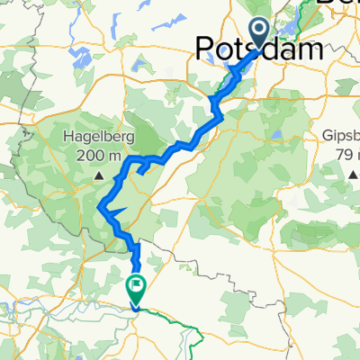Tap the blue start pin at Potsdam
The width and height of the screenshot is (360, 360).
(x=259, y=34)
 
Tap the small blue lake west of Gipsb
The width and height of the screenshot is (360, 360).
(x=278, y=138)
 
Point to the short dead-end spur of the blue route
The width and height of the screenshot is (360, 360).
(x=144, y=168)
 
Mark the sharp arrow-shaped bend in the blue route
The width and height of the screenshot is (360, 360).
(x=109, y=211)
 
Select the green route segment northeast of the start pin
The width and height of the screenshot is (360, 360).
(x=301, y=13)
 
